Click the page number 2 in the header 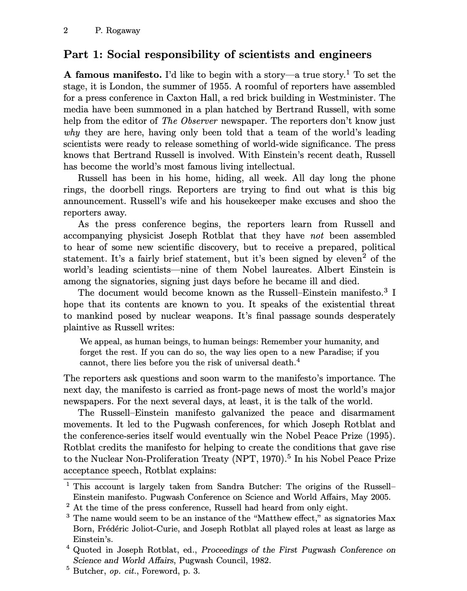66,31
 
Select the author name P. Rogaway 118,31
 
